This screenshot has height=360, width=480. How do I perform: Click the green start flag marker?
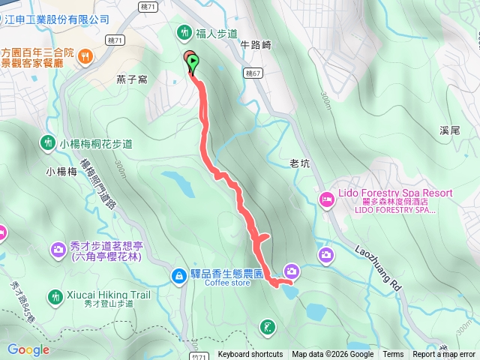pos(193,63)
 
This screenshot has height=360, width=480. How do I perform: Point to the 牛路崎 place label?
pos(255,45)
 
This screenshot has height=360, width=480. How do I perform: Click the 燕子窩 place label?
pos(131,79)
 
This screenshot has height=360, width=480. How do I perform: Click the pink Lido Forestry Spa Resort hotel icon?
pos(327,199)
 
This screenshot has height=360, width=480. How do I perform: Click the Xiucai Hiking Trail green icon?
pos(55,296)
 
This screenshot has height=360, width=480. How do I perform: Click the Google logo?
pos(28,349)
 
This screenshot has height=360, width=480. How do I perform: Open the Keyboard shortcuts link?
pos(250,355)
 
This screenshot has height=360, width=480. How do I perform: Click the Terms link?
pos(393,355)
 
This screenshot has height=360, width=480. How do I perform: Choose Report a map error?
pos(444,355)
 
